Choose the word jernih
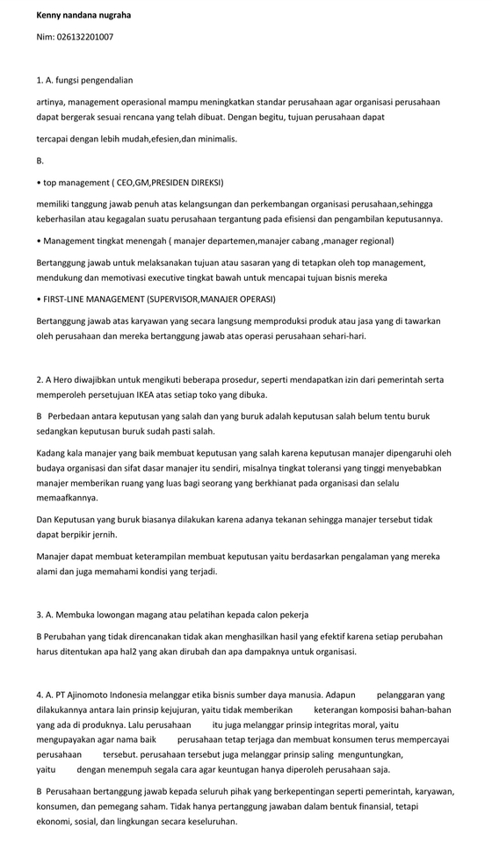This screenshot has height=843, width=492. [103, 534]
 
